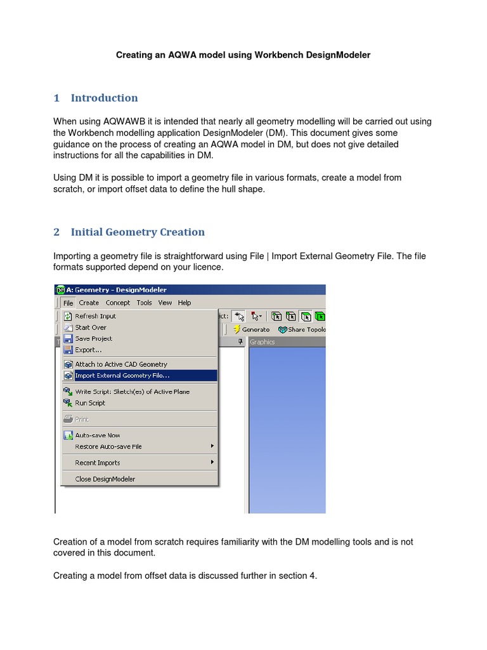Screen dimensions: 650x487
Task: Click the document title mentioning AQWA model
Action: click(x=243, y=55)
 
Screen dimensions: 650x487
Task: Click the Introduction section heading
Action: click(x=104, y=98)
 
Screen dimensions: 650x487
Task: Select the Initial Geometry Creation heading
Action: click(x=138, y=232)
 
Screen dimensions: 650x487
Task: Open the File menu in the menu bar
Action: click(x=68, y=303)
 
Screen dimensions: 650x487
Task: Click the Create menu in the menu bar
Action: click(x=89, y=303)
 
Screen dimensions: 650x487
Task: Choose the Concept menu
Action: click(x=118, y=303)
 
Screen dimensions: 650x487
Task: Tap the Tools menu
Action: click(x=145, y=303)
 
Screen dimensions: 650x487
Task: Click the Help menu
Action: click(x=185, y=303)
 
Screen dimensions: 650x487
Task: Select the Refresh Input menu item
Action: click(x=95, y=316)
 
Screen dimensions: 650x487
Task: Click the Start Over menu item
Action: click(x=91, y=328)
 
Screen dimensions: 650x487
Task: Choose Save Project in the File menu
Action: click(x=93, y=339)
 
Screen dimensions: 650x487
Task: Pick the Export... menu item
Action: click(x=88, y=350)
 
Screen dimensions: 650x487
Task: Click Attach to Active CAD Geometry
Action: click(x=121, y=364)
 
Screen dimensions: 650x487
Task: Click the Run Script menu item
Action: click(x=90, y=403)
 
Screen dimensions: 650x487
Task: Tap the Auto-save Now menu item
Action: click(x=97, y=435)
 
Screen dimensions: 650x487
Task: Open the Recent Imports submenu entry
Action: click(x=97, y=463)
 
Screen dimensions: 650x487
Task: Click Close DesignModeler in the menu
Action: click(x=105, y=479)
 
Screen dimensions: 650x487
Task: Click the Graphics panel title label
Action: click(x=263, y=342)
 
